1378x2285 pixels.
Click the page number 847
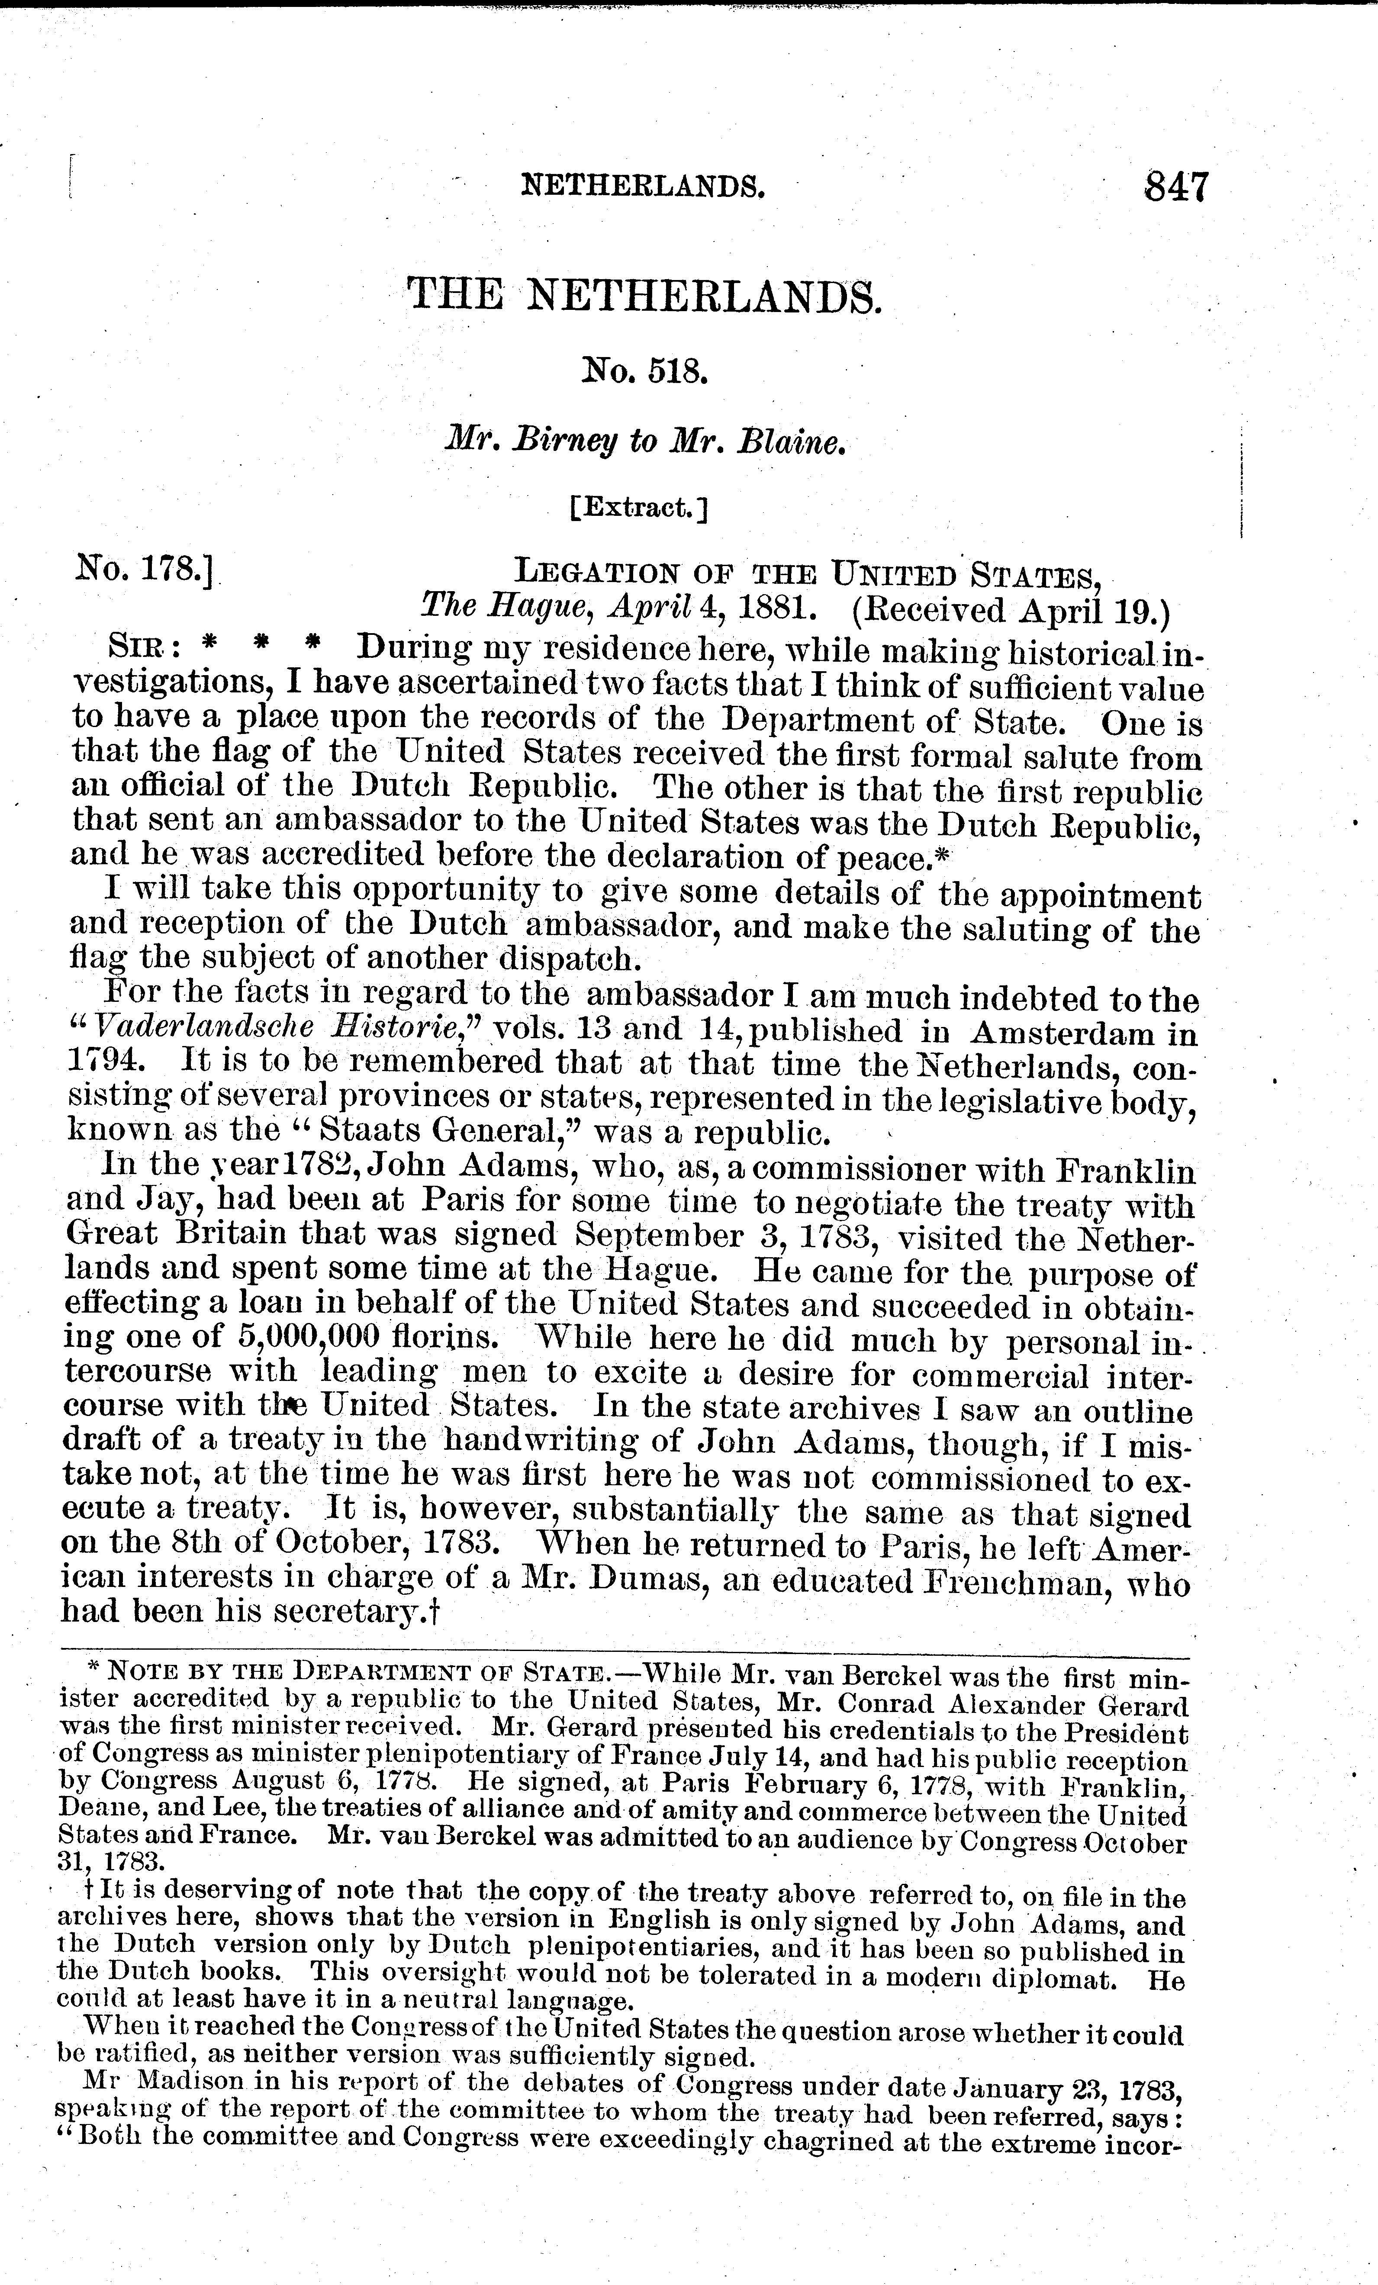pyautogui.click(x=1176, y=187)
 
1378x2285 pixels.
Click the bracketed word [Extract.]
pyautogui.click(x=640, y=508)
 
